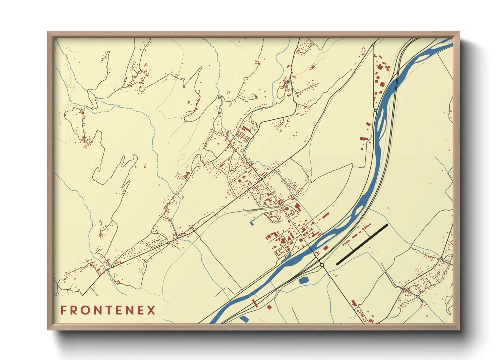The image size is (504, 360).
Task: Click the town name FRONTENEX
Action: (108, 310)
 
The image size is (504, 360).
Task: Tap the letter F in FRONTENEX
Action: (63, 310)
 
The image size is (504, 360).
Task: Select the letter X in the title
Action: (151, 310)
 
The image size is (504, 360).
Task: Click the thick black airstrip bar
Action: (362, 244)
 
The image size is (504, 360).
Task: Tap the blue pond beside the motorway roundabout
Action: (303, 280)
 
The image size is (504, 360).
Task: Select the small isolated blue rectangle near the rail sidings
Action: (252, 223)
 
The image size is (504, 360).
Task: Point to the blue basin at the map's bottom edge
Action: (244, 319)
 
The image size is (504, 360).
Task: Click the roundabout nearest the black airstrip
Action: (322, 264)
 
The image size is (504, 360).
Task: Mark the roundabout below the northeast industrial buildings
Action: (375, 110)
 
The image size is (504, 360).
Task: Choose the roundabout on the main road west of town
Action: (168, 243)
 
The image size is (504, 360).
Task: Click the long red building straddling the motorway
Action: (254, 302)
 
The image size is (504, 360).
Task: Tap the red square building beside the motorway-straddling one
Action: (269, 307)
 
